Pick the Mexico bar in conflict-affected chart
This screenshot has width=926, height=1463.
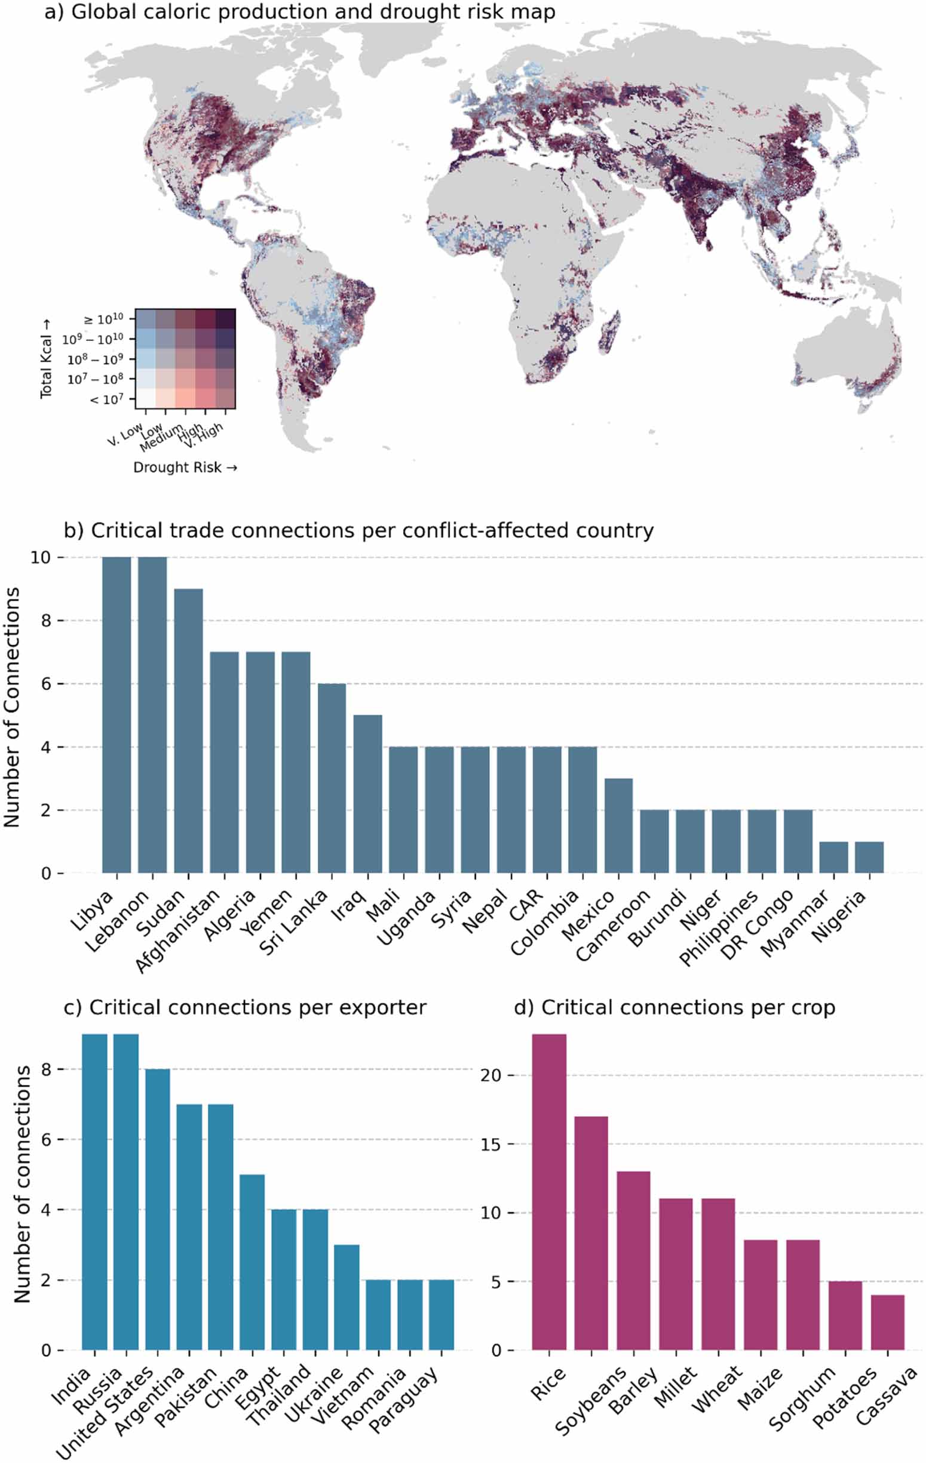tap(618, 826)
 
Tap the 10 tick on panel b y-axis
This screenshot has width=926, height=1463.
tap(40, 557)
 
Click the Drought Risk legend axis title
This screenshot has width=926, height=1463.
tap(185, 467)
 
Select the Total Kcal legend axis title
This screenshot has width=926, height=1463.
tap(46, 358)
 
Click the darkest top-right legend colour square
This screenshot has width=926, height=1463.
tap(226, 319)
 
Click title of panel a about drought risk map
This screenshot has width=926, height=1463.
tap(299, 12)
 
